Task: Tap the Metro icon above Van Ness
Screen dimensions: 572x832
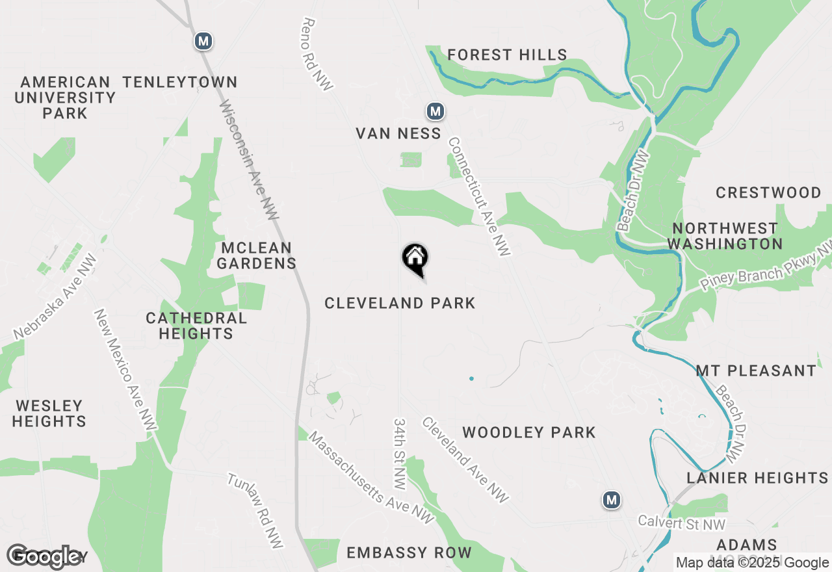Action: pos(435,112)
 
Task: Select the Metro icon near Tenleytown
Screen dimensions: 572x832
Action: pos(203,42)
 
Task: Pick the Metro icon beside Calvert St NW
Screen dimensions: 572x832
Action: pos(611,500)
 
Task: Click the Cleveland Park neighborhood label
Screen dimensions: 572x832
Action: pos(400,303)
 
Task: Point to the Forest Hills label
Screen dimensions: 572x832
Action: pos(507,55)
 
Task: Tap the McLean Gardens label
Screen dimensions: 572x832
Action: pos(256,255)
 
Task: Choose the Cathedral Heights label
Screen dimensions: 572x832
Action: pos(196,326)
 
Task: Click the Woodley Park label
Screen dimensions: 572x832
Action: pos(528,432)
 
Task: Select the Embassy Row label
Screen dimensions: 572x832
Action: pos(409,552)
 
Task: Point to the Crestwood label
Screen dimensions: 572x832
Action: pos(768,192)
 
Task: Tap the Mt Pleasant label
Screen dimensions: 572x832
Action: pos(756,370)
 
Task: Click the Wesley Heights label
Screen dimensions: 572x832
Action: pos(49,413)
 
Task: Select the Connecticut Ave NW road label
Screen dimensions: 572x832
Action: pos(480,196)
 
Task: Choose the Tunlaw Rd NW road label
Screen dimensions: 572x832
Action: pos(255,510)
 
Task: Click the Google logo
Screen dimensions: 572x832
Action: pos(44,556)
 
